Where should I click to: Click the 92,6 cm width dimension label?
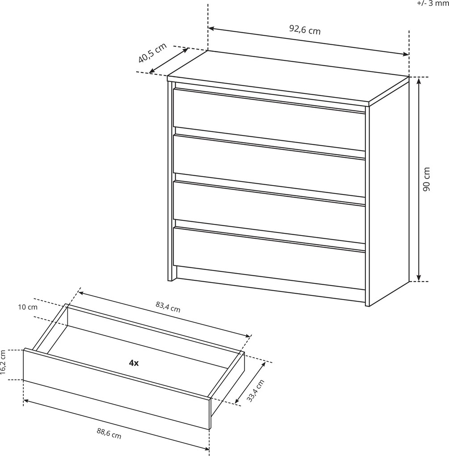[x=305, y=29]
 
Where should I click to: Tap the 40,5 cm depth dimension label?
[x=152, y=53]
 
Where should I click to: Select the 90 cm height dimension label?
[x=426, y=179]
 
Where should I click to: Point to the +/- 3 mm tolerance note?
[x=433, y=4]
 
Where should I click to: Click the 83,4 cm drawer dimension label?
[x=168, y=307]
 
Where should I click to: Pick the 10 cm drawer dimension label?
[x=28, y=307]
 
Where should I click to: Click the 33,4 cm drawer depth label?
[x=256, y=391]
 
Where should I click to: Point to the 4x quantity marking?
[x=134, y=363]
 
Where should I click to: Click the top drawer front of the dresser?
[x=269, y=119]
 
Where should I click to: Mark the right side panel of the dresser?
[x=389, y=192]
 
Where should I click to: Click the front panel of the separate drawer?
[x=116, y=388]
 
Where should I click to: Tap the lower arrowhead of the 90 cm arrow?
[x=419, y=279]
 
